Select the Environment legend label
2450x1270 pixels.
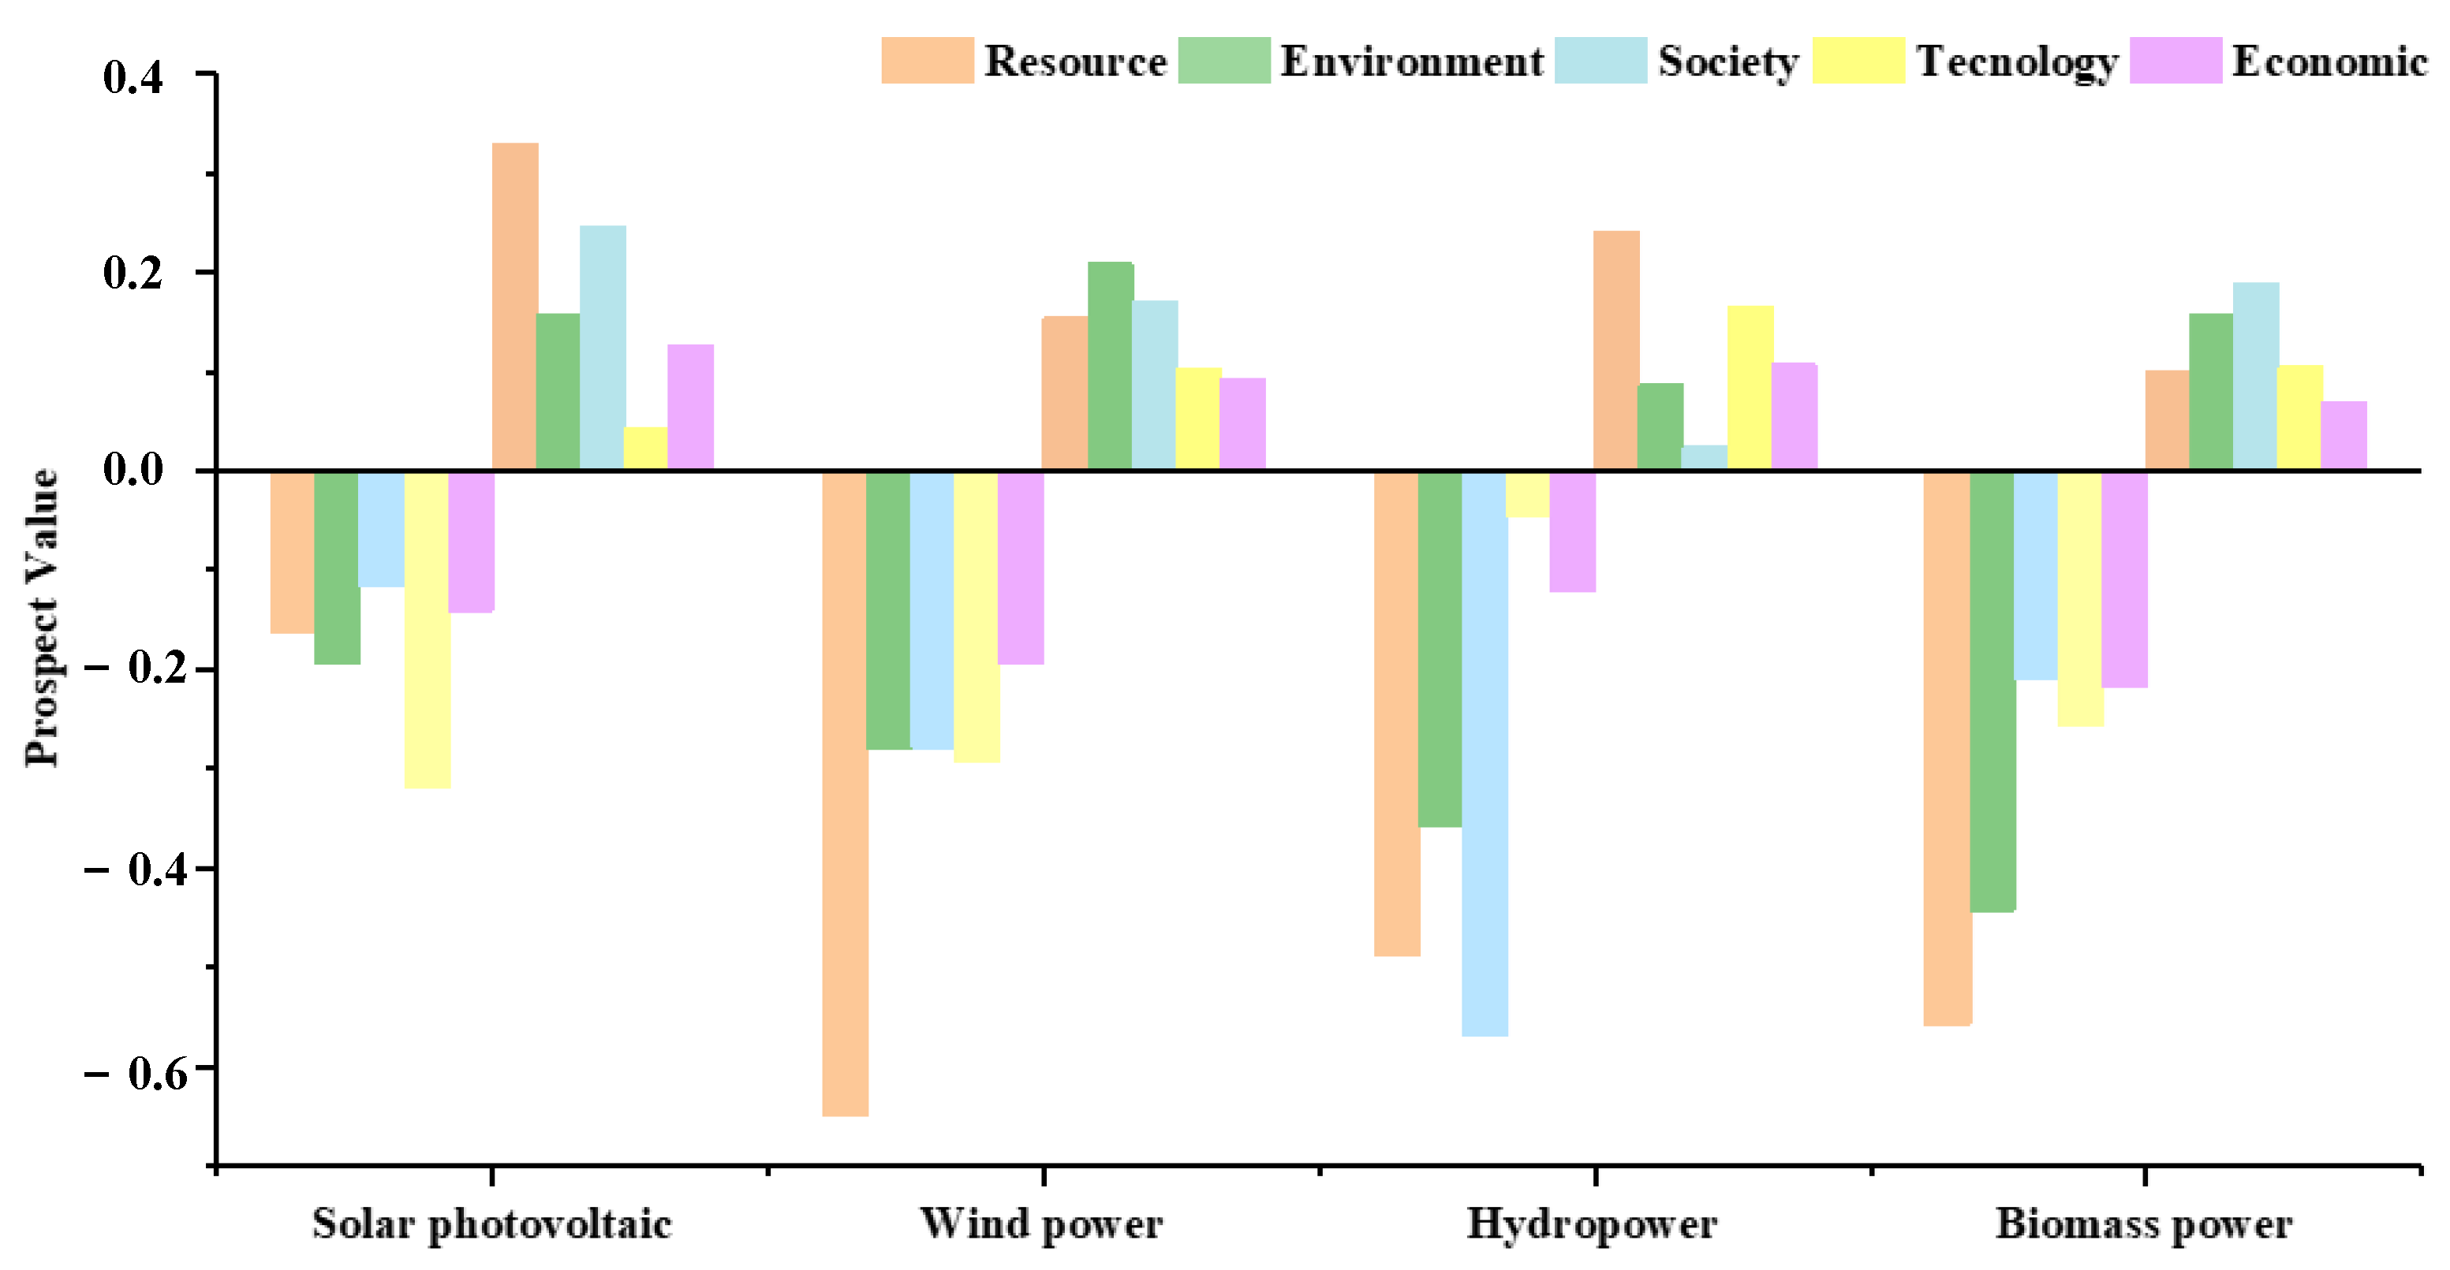(1411, 61)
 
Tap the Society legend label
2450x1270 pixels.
(1727, 61)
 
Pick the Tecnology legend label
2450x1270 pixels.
(2016, 61)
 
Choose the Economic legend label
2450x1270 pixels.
(2329, 61)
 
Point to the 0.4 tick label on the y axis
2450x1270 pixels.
(133, 76)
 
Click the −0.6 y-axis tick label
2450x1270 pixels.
(124, 1072)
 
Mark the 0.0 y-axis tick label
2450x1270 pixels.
(133, 470)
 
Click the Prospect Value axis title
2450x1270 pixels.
(42, 618)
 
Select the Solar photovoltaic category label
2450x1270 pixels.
(491, 1223)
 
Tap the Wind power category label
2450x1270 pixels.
(1041, 1223)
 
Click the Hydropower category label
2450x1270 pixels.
(1592, 1223)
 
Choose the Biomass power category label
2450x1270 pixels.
(2144, 1223)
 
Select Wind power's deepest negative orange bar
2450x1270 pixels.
(845, 794)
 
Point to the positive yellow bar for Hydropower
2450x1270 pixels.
(1750, 388)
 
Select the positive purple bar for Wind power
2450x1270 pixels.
(1242, 424)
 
